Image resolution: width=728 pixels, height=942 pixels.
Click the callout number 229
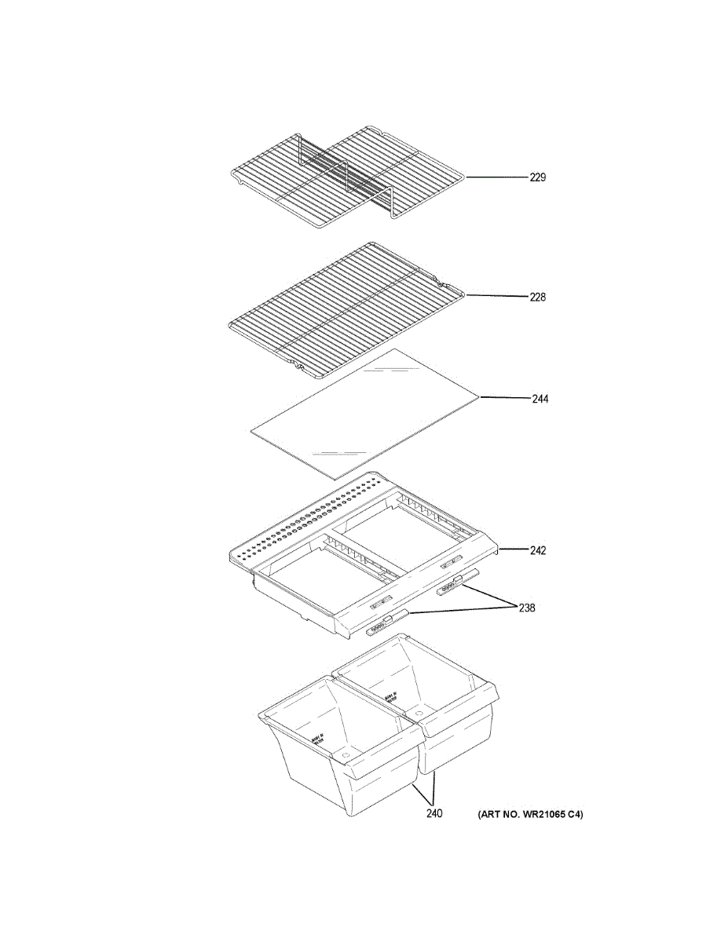click(537, 177)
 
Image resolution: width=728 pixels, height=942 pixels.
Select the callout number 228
click(537, 298)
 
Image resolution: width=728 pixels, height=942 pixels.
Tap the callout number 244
click(540, 399)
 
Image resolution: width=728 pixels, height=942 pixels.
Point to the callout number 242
click(537, 550)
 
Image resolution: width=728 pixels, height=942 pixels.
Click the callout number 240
click(434, 813)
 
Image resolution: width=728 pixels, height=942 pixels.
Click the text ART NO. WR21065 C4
click(531, 815)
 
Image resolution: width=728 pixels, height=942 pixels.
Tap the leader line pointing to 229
click(496, 177)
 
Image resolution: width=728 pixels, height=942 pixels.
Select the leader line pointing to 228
click(496, 297)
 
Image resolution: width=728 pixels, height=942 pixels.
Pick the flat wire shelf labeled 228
click(346, 302)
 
